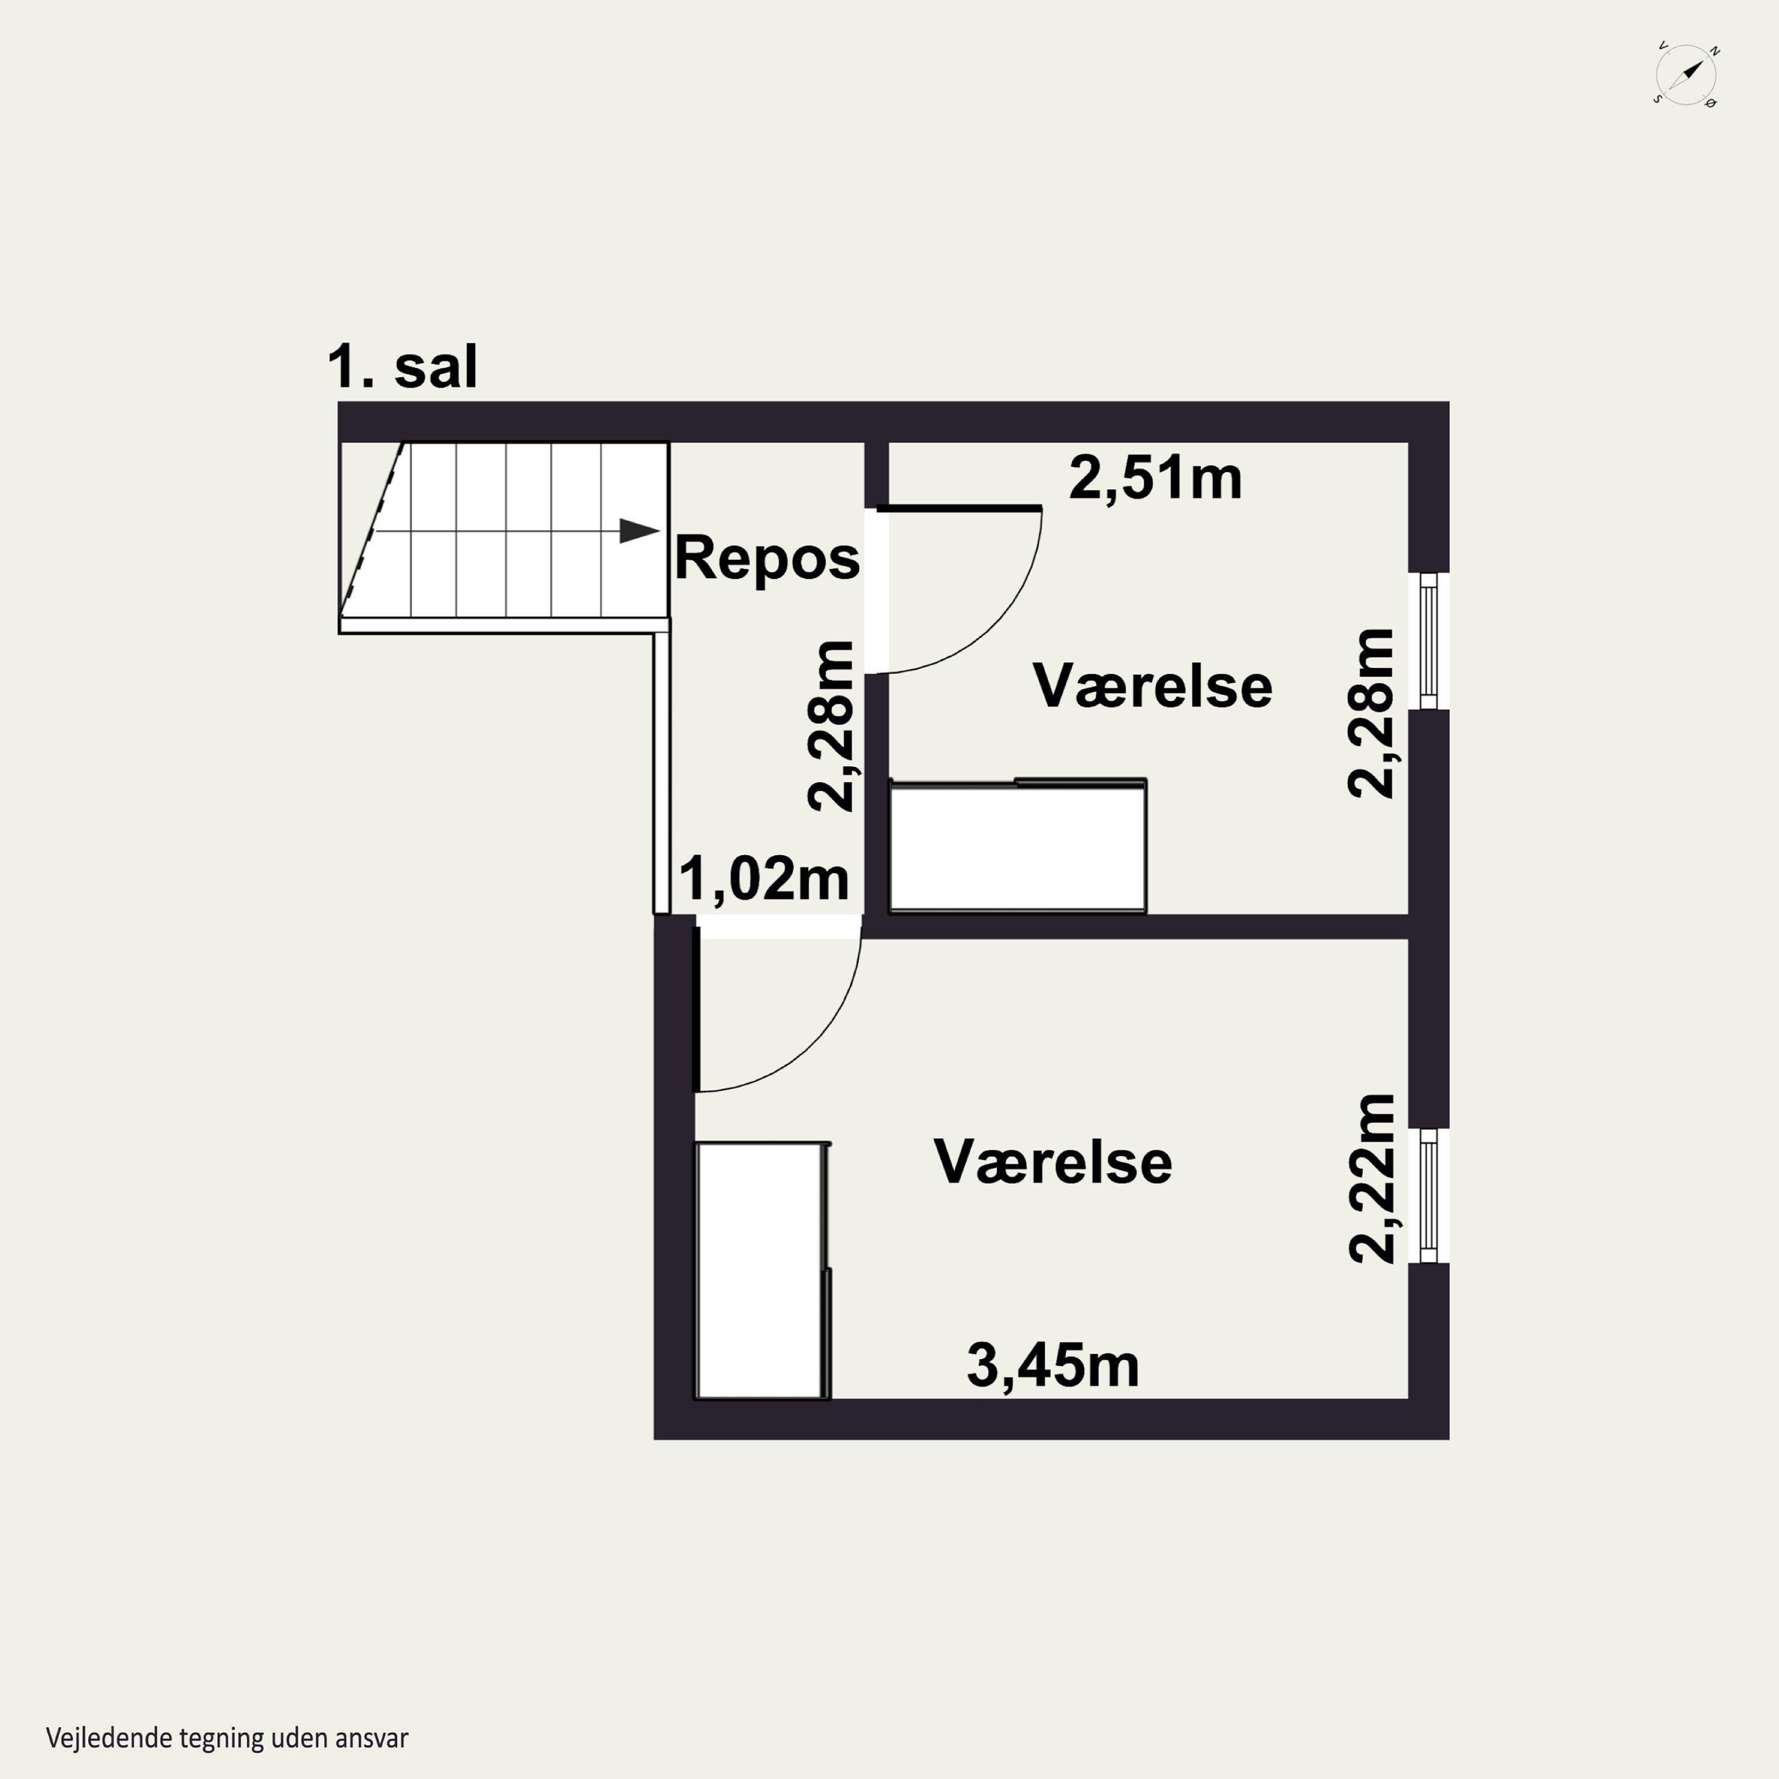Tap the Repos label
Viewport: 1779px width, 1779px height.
(767, 558)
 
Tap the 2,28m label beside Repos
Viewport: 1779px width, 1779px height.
(831, 726)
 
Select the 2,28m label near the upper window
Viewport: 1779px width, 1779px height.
(1370, 713)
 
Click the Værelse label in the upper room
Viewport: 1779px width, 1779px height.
(1152, 686)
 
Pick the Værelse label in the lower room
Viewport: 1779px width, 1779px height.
(1053, 1162)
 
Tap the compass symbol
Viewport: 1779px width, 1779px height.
(1686, 74)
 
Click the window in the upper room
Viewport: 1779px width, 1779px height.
(1428, 641)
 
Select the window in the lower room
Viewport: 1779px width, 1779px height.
(1428, 1195)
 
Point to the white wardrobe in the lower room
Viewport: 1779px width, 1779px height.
(763, 1271)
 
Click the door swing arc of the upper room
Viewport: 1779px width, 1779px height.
(993, 626)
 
